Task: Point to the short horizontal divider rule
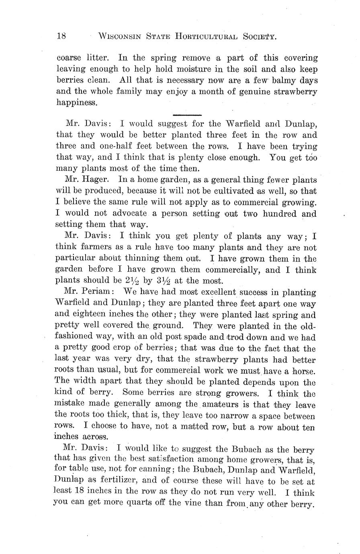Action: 186,115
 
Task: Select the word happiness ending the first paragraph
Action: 77,103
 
